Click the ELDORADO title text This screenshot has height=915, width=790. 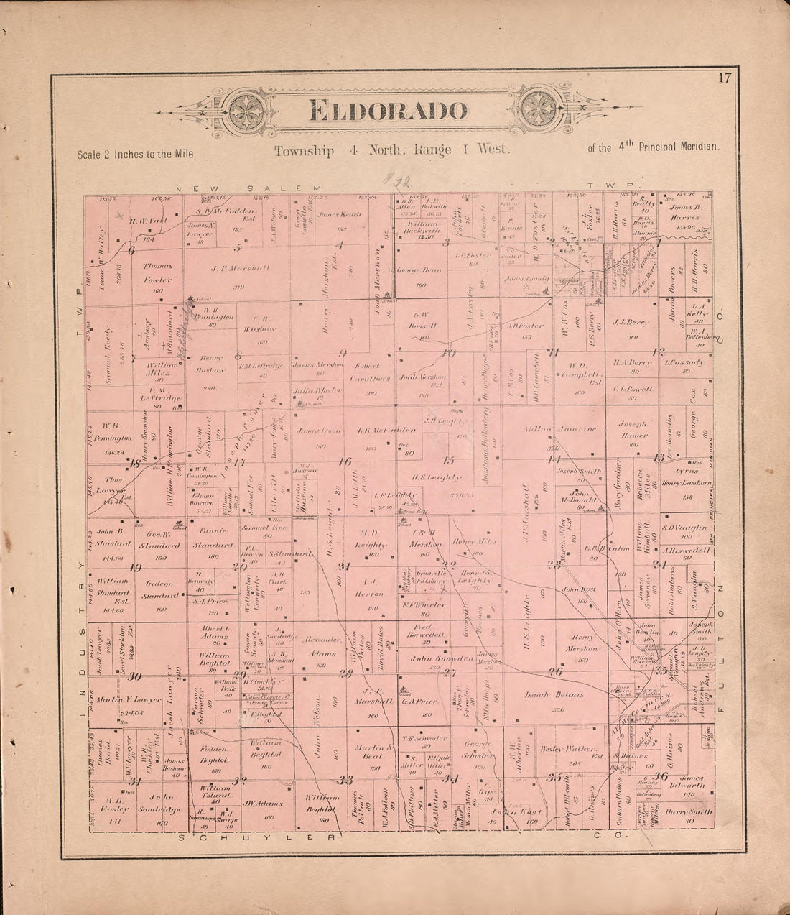[389, 111]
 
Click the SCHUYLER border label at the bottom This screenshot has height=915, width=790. [256, 839]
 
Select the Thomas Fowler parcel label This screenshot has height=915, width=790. [157, 273]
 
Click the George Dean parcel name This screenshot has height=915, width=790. [419, 270]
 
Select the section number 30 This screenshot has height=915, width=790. [134, 676]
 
